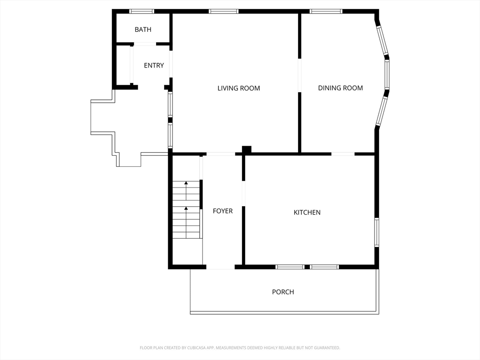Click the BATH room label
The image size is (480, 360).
click(143, 30)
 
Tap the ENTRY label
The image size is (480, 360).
click(154, 65)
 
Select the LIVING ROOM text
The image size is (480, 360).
click(239, 88)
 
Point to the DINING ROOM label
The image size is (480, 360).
click(340, 88)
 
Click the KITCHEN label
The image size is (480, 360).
click(307, 212)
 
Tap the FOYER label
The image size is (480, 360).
click(223, 211)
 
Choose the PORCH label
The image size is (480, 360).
click(283, 292)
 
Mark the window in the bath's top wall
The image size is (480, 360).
click(142, 11)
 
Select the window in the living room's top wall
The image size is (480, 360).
click(224, 11)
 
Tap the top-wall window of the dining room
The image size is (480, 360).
click(326, 11)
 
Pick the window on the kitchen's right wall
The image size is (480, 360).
click(377, 232)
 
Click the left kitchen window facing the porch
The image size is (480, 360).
click(290, 267)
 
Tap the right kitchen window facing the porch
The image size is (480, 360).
click(324, 267)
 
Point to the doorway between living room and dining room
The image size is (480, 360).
click(300, 75)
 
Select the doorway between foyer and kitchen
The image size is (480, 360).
click(244, 194)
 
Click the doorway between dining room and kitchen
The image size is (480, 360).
click(343, 154)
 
